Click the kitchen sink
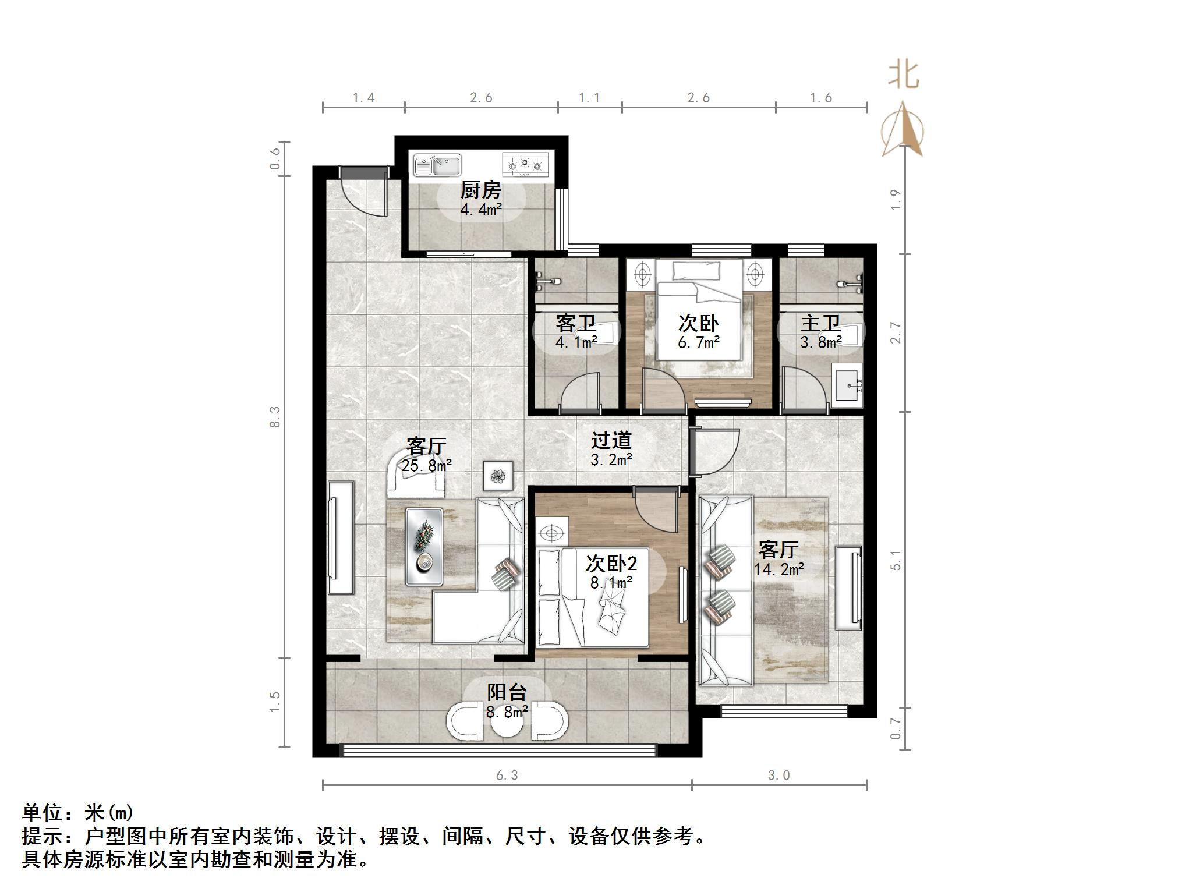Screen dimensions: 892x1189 (437, 165)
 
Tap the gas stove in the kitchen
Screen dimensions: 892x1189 (525, 164)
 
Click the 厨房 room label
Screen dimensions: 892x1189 (480, 191)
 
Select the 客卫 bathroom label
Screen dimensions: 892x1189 (575, 323)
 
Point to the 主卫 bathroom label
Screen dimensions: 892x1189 (820, 323)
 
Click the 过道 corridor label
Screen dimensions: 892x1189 (611, 441)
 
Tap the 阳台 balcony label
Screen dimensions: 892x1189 (507, 692)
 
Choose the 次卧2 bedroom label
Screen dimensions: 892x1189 (611, 563)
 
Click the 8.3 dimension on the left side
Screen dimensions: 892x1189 (275, 417)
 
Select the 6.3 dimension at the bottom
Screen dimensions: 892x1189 (507, 776)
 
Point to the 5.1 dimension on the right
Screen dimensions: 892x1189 (896, 560)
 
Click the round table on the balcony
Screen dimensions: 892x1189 (507, 723)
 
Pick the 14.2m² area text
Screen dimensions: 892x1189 (779, 569)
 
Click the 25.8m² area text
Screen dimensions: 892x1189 (426, 465)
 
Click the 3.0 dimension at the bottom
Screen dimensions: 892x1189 (778, 776)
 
